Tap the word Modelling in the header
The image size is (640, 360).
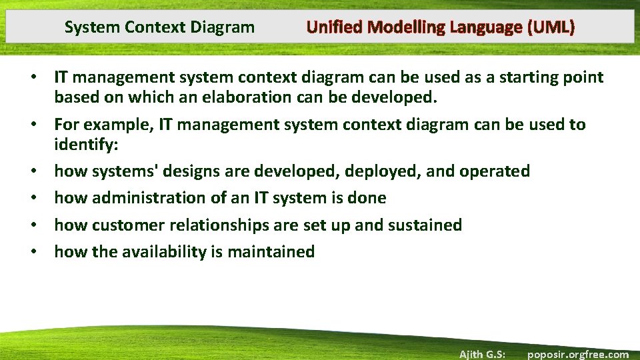tap(407, 27)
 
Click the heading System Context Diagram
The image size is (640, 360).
tap(159, 27)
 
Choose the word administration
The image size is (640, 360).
tap(144, 198)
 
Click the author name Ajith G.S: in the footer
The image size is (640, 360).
tap(481, 354)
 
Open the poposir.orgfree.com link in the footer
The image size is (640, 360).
tap(577, 354)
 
